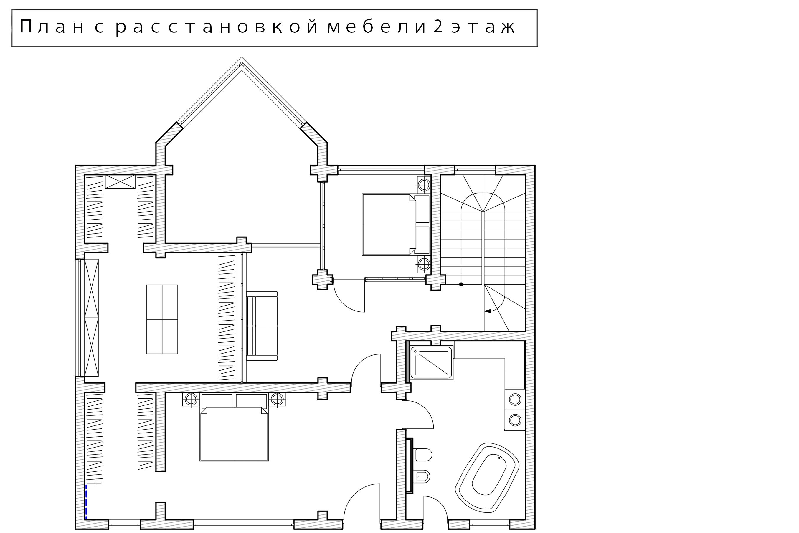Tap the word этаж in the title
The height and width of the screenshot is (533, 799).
(x=483, y=27)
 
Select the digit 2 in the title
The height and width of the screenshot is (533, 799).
(x=438, y=27)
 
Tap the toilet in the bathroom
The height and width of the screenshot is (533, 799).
(x=423, y=455)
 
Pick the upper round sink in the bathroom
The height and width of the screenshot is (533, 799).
(x=515, y=400)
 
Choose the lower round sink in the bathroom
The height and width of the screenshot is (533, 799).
(x=515, y=420)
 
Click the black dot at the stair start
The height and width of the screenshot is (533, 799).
(x=461, y=284)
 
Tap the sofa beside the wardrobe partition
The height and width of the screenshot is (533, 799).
(x=262, y=326)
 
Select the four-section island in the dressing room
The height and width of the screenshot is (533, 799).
(x=162, y=319)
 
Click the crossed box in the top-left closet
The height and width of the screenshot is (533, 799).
(x=120, y=181)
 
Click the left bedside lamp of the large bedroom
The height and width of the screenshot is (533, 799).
(x=191, y=399)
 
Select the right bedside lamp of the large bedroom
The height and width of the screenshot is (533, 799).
(x=277, y=399)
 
